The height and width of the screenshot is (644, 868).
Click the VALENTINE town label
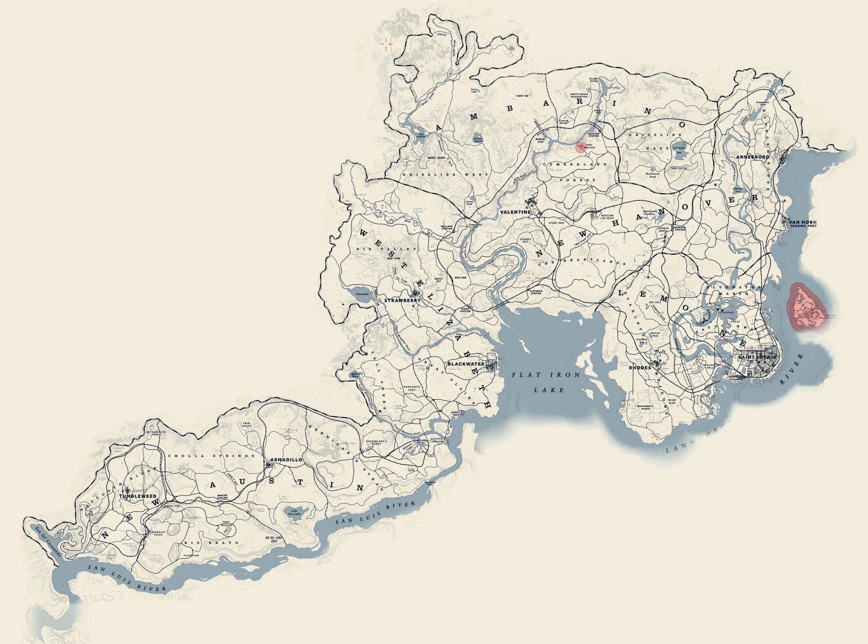pos(515,212)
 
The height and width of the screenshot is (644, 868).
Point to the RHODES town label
pos(640,367)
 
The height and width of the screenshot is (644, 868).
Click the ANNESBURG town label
pos(752,157)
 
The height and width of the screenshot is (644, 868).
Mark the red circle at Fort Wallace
pos(581,147)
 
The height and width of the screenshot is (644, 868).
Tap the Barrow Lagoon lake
pos(478,139)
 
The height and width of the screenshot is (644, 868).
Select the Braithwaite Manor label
pos(645,408)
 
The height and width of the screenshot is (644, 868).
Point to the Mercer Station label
pos(222,497)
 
